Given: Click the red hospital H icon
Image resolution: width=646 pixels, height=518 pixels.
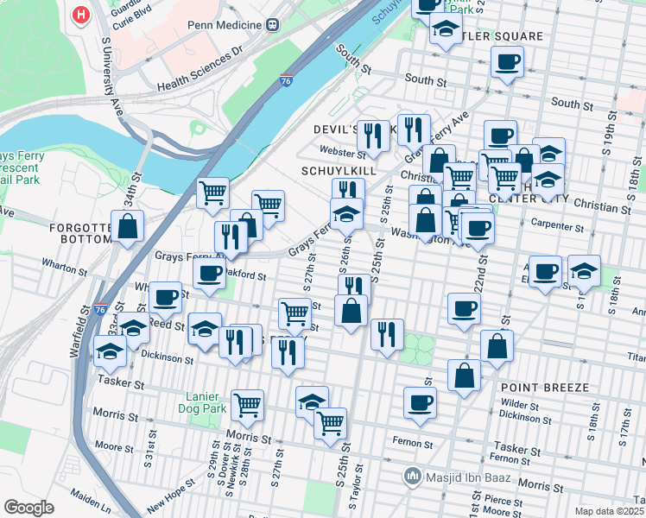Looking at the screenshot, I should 81,15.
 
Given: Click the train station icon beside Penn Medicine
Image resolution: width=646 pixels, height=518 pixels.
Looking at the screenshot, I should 273,24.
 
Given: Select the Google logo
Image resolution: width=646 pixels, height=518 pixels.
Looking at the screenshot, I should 28,507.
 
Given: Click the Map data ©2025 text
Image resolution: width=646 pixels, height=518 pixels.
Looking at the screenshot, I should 608,511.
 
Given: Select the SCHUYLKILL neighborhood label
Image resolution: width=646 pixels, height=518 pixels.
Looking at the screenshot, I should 339,171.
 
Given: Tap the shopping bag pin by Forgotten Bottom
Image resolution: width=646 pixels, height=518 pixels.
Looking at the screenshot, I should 128,227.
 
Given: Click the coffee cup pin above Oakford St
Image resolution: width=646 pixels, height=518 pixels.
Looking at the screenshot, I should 208,275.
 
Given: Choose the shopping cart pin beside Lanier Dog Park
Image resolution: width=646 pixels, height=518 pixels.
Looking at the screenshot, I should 248,403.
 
